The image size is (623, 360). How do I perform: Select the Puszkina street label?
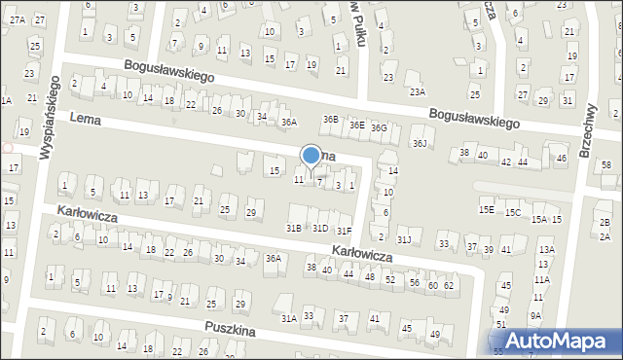click(x=229, y=331)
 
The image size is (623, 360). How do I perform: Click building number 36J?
click(x=420, y=143)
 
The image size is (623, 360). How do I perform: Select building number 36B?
click(x=331, y=120)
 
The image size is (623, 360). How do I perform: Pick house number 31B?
click(x=293, y=228)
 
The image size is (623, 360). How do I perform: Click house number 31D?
click(x=319, y=228)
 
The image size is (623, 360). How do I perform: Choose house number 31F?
click(x=344, y=231)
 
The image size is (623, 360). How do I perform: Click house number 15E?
click(x=486, y=209)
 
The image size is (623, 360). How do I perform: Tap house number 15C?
click(x=512, y=212)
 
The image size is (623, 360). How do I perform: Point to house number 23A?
click(x=418, y=91)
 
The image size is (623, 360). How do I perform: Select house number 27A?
click(x=18, y=19)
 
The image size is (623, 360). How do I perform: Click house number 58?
click(x=605, y=165)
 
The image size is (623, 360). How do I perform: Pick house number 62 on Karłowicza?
click(x=449, y=285)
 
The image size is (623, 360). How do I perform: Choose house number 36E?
click(x=357, y=125)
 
